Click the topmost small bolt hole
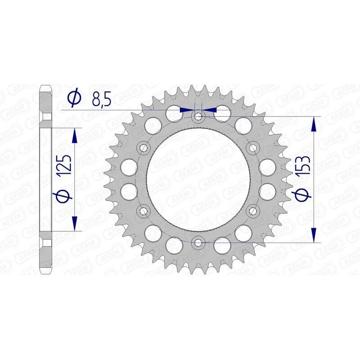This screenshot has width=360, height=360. pos(198,117)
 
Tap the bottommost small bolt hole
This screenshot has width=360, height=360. pos(198,243)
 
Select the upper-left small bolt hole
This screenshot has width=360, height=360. pos(144,148)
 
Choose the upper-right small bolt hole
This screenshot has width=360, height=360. pos(253,148)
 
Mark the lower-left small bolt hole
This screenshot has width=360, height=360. pos(144,211)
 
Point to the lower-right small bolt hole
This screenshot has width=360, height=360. pos(253,211)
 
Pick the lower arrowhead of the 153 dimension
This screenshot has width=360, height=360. pos(314,236)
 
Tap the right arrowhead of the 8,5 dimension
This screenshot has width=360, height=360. pos(210,109)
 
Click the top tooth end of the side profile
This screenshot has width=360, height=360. pos(46,89)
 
